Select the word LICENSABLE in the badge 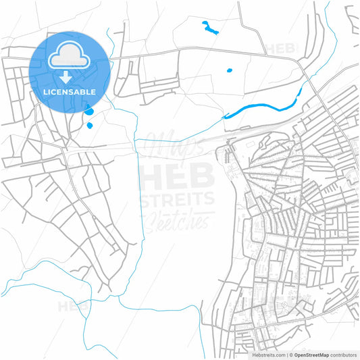[x=70, y=91]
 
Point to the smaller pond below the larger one [x=89, y=125]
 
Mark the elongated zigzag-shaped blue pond [x=210, y=28]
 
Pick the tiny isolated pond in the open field [x=229, y=70]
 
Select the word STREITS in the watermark [x=177, y=199]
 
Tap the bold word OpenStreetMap [x=310, y=354]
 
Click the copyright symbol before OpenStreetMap [x=290, y=354]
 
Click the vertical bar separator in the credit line [x=286, y=354]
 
